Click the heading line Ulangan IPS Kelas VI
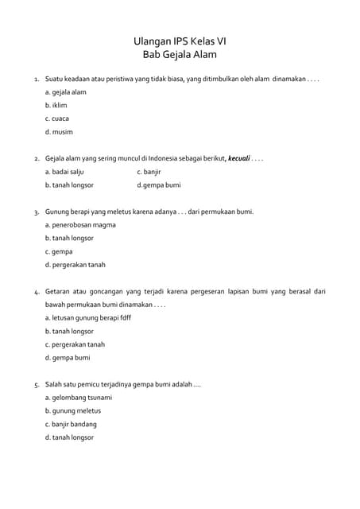click(x=180, y=41)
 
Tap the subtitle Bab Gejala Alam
click(x=180, y=55)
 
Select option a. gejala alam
click(x=65, y=92)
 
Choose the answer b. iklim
click(x=56, y=105)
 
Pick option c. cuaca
click(x=57, y=119)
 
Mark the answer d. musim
click(x=59, y=132)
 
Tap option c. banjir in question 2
click(x=149, y=172)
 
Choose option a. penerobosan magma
click(x=80, y=225)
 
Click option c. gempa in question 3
click(x=59, y=251)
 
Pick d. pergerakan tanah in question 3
click(x=75, y=265)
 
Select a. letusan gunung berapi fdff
click(x=88, y=317)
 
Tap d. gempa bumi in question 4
click(x=68, y=358)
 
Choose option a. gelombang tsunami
click(x=79, y=398)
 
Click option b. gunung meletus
click(x=73, y=411)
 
